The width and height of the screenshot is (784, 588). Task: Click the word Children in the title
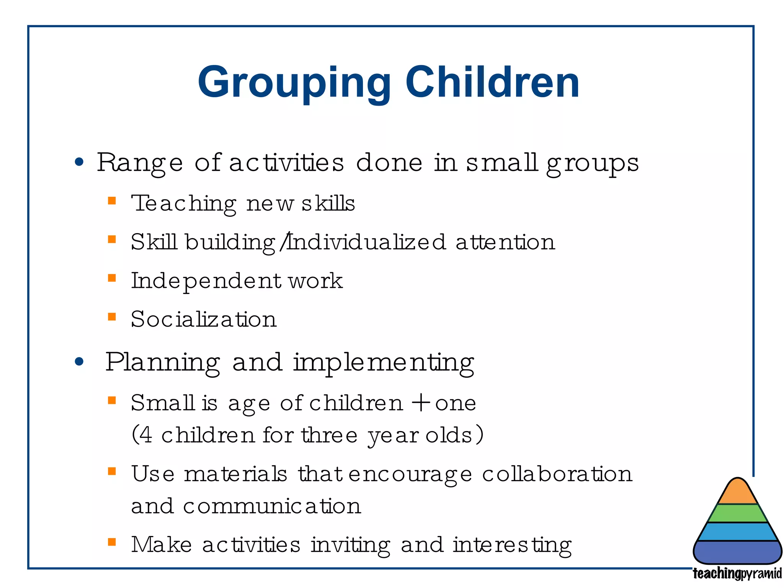492,82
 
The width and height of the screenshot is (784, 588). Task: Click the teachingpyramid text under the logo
737,573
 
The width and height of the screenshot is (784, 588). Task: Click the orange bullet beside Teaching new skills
112,201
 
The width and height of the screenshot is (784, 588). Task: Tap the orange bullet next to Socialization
112,317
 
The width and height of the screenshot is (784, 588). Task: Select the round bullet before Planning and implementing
79,361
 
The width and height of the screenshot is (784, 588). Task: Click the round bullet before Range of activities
79,162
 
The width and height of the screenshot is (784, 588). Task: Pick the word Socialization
204,319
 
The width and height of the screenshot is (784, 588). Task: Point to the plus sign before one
421,403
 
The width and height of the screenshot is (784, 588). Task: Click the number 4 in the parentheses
145,435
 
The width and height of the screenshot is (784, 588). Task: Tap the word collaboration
557,474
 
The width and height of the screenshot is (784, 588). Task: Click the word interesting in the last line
512,545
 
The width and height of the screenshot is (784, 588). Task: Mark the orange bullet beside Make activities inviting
112,542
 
